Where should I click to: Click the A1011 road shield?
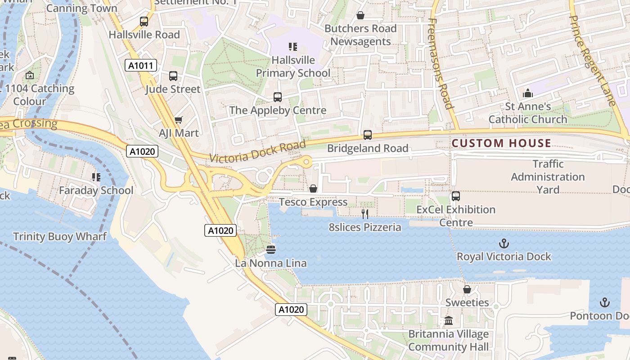(x=140, y=66)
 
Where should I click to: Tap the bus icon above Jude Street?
(x=173, y=76)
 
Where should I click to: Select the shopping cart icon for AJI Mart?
(x=179, y=120)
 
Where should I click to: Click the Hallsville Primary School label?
(x=293, y=66)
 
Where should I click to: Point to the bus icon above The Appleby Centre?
(x=278, y=97)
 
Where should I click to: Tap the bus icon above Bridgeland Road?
(x=368, y=135)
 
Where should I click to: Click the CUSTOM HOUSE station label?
(x=501, y=144)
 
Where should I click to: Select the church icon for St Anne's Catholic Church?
(x=528, y=94)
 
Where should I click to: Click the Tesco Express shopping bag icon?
(x=313, y=189)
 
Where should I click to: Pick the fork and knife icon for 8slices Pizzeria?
(x=365, y=214)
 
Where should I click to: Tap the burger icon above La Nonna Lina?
(x=271, y=249)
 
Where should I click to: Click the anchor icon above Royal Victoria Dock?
(x=504, y=243)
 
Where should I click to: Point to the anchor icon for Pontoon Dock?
(x=605, y=302)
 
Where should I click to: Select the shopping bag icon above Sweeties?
(x=467, y=289)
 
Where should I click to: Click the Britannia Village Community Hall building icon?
(x=449, y=321)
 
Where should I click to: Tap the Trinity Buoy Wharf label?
(x=60, y=236)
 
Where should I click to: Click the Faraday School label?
(x=96, y=190)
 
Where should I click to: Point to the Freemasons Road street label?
(x=441, y=64)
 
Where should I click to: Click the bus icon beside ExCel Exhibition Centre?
(x=456, y=196)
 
